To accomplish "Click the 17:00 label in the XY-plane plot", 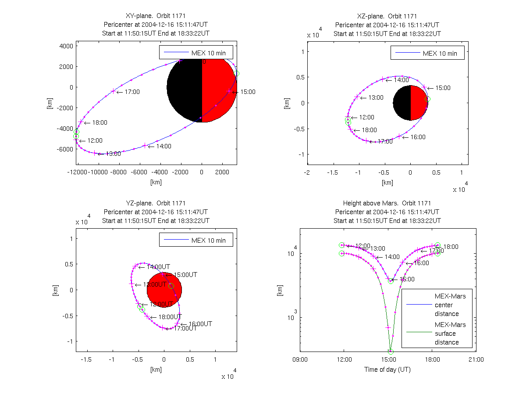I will point(132,92).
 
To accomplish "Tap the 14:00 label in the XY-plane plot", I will point(163,146).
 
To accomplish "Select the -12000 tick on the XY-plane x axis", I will point(77,172).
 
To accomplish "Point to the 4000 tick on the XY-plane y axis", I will point(66,46).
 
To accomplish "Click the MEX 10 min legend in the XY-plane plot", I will point(195,53).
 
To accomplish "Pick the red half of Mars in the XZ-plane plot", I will point(419,103).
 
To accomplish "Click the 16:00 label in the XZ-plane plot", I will point(418,137).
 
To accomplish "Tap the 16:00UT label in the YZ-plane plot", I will point(200,324).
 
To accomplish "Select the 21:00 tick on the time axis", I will point(476,359).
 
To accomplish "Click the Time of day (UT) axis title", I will point(387,370).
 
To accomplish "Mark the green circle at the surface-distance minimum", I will point(391,352).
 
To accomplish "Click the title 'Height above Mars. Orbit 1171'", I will point(387,203).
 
